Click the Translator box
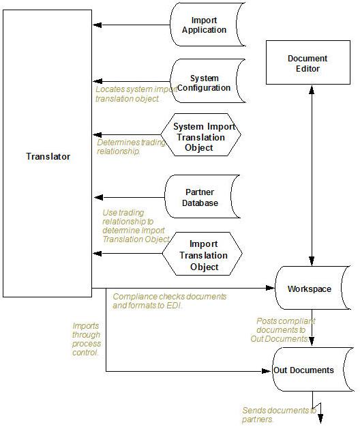(47, 156)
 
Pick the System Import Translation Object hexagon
(203, 137)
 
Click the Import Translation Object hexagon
(203, 255)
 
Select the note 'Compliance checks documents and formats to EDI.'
(168, 301)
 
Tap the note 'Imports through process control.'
(87, 339)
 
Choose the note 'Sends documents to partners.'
(278, 414)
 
